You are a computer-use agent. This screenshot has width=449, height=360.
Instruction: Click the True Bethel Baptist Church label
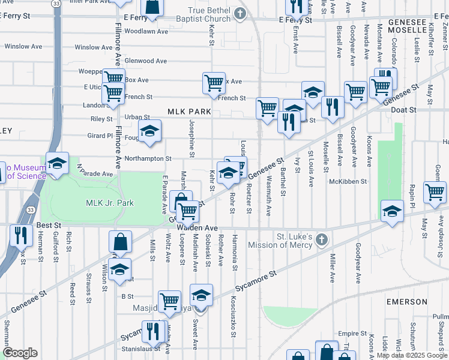(209, 15)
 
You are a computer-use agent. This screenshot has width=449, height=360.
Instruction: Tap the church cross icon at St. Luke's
(321, 240)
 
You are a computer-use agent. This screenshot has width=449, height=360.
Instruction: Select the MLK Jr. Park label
(110, 203)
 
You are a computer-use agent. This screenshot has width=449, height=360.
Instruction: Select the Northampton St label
(148, 159)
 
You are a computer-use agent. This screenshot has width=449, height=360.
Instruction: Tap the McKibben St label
(348, 181)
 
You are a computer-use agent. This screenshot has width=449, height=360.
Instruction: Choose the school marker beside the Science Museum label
(57, 164)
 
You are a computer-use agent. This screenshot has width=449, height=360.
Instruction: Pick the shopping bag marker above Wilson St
(120, 242)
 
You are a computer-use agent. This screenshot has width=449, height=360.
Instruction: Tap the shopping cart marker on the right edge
(435, 193)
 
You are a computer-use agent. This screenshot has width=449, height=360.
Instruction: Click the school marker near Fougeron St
(149, 130)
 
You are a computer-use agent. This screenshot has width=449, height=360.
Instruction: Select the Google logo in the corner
(20, 353)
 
